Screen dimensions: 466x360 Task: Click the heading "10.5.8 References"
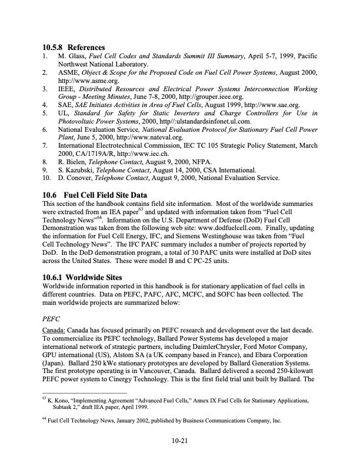[74, 47]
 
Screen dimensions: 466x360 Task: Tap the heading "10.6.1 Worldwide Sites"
[84, 273]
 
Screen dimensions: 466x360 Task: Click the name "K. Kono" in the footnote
[60, 400]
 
